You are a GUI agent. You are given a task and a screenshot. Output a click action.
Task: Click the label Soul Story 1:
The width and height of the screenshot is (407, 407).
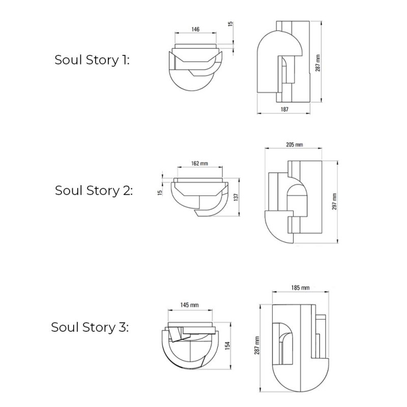[92, 60]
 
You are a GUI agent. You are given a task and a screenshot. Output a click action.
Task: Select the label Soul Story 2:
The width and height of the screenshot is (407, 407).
[93, 191]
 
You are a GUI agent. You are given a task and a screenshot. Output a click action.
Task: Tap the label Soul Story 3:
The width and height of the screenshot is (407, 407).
[90, 327]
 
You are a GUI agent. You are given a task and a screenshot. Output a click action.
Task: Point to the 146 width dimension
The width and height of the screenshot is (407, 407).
[195, 30]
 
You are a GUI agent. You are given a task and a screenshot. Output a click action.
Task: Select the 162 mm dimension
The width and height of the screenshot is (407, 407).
[200, 164]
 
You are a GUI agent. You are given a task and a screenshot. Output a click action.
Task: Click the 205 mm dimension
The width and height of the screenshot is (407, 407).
[294, 145]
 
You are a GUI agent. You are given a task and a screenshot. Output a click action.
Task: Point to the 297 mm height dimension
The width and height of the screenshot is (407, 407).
[334, 202]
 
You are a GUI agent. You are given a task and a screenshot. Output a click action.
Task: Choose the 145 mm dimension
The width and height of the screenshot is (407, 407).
[189, 305]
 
